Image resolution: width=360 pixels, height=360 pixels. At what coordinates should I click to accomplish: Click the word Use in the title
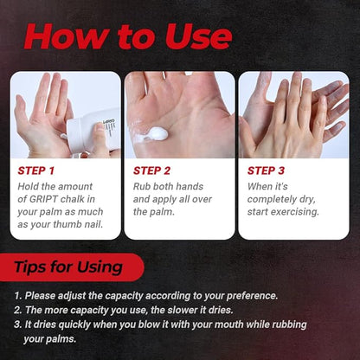[x=199, y=36]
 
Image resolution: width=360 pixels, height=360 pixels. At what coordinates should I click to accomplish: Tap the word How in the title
[x=67, y=36]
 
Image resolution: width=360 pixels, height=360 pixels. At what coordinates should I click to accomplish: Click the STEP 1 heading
[x=36, y=170]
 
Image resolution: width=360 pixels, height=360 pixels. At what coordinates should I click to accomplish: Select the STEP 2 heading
[x=151, y=170]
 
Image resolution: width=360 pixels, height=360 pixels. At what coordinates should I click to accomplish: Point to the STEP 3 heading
[x=266, y=170]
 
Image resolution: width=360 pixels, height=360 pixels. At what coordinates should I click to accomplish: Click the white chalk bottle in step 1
[x=93, y=132]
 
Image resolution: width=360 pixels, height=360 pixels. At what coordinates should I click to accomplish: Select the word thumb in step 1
[x=67, y=224]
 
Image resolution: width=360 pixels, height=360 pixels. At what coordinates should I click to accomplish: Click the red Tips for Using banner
[x=72, y=267]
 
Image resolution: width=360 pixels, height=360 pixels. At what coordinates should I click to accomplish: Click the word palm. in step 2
[x=164, y=212]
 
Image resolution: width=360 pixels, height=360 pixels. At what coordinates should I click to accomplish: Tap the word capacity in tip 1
[x=124, y=296]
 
